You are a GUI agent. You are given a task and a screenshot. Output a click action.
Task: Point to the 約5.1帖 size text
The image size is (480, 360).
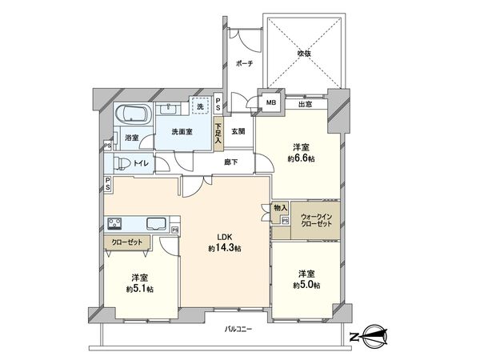pyautogui.click(x=138, y=288)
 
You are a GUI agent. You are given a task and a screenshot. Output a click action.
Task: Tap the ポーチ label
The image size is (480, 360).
pyautogui.click(x=244, y=64)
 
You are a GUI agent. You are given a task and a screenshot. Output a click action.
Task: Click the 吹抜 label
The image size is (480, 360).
pyautogui.click(x=305, y=54)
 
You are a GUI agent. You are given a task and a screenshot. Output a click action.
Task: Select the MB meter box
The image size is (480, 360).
pyautogui.click(x=271, y=102)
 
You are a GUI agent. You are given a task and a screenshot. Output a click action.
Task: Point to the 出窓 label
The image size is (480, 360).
pyautogui.click(x=304, y=103)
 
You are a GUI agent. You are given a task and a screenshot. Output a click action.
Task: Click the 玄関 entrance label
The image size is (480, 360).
pyautogui.click(x=238, y=131)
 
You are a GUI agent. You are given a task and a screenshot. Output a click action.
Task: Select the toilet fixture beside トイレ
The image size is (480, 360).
pyautogui.click(x=119, y=165)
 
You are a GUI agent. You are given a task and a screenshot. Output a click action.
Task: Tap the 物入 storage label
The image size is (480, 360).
pyautogui.click(x=280, y=207)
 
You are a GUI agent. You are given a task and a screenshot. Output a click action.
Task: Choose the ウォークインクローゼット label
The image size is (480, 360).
pyautogui.click(x=318, y=221)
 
